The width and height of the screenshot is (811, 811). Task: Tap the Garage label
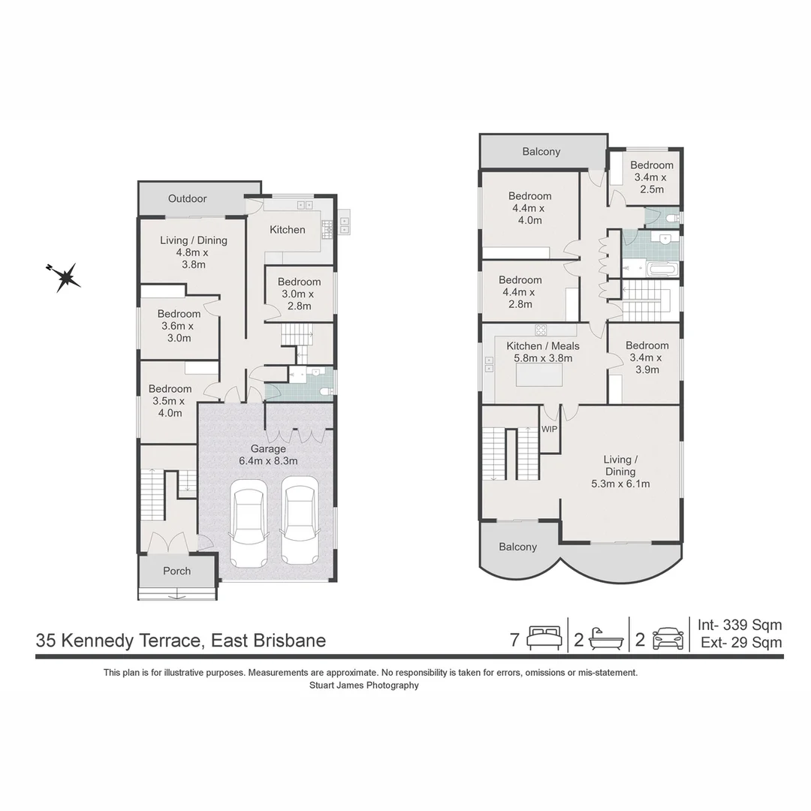click(x=268, y=449)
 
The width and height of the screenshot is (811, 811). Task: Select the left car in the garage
click(x=248, y=523)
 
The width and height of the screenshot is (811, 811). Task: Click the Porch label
click(x=177, y=571)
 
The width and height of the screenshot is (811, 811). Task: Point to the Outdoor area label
click(x=187, y=198)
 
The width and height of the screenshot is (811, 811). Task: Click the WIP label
click(x=549, y=430)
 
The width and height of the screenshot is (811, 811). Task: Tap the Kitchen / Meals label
click(x=543, y=346)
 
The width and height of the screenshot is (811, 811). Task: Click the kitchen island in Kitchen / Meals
click(x=539, y=375)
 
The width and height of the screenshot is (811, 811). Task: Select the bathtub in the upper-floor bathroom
click(x=661, y=269)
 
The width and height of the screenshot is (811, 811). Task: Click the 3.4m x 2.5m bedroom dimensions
click(x=651, y=183)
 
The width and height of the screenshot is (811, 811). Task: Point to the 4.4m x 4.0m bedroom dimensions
click(x=529, y=214)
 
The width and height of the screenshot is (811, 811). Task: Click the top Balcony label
click(x=541, y=152)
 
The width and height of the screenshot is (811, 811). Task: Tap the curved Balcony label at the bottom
click(x=517, y=547)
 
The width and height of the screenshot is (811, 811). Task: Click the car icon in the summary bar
click(x=668, y=639)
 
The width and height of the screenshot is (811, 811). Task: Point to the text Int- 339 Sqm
click(x=740, y=625)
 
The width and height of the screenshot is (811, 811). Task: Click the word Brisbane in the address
click(x=290, y=641)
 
